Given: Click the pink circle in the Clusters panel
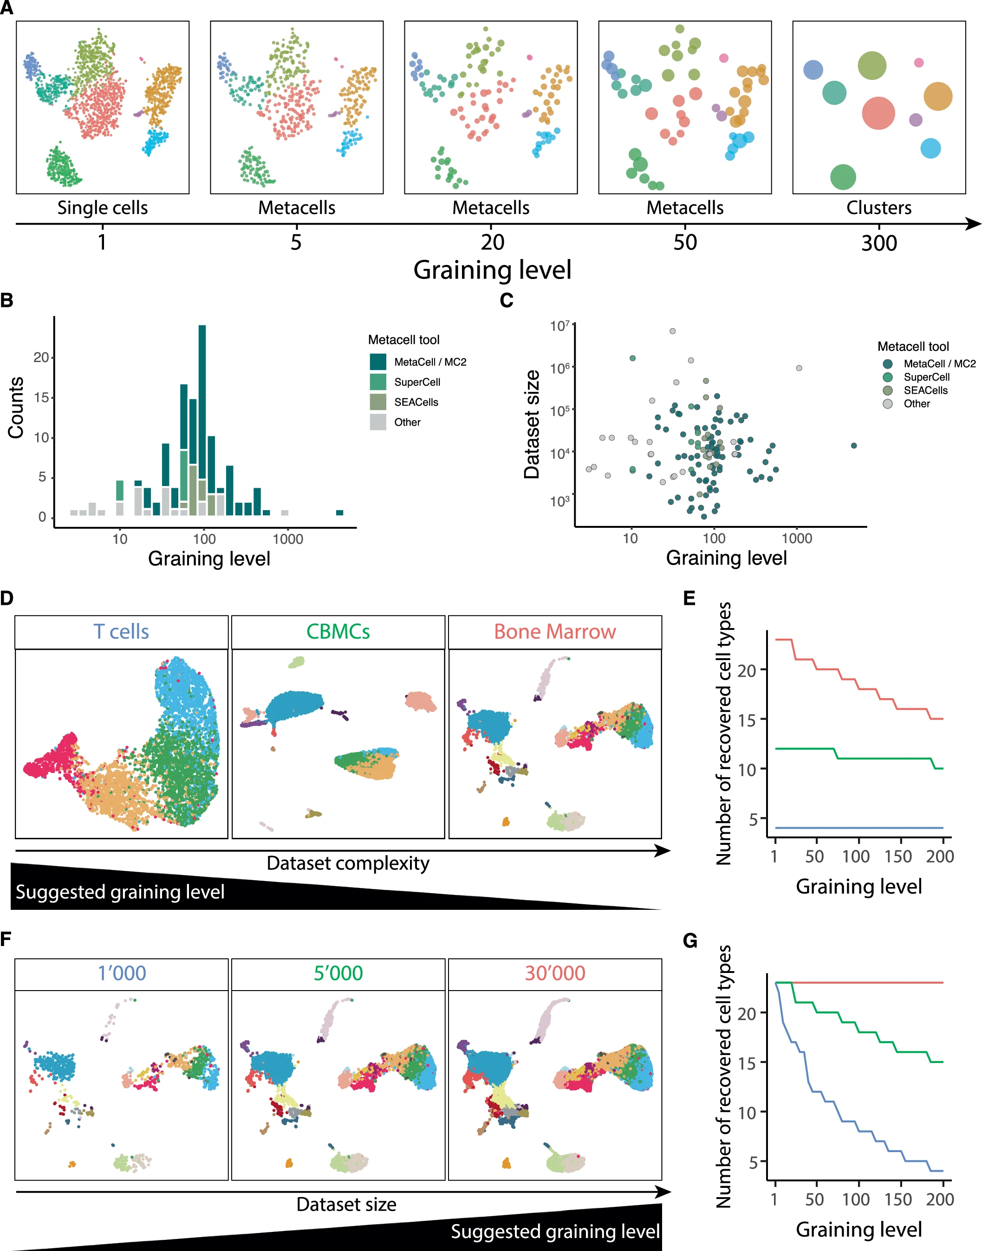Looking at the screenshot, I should point(919,63).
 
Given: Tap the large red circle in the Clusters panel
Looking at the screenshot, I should point(878,113).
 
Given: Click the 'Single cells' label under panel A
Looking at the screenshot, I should point(102,207).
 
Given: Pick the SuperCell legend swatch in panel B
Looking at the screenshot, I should point(378,382).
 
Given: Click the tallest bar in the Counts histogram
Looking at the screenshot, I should point(202,420).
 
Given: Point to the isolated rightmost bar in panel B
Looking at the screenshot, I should point(339,512).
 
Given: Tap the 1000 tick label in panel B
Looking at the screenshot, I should point(287,539).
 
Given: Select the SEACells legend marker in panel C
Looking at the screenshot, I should point(888,390).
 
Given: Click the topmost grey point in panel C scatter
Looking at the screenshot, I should point(672,331).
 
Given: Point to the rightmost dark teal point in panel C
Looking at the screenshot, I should point(854,445).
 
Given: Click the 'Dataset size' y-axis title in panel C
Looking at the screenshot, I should point(532,424).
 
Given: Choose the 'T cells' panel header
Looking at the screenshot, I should point(121,631).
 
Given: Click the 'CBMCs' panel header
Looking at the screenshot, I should point(338,631).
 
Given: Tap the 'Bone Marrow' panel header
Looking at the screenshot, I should point(555,631).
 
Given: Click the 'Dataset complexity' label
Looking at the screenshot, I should point(348,863).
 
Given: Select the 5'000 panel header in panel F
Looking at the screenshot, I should point(338,973).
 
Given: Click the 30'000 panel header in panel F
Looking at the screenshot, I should point(555,973).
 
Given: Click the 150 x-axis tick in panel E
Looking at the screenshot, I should point(898,856).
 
